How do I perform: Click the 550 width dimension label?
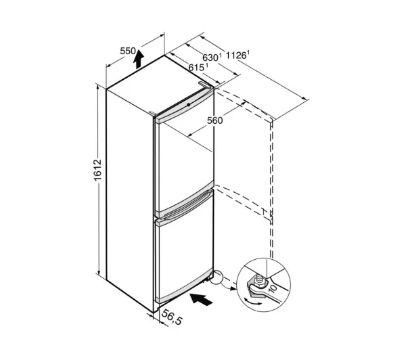(128, 51)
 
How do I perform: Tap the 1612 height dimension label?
(97, 170)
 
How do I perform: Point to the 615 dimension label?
(198, 68)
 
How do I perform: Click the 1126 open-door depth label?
(237, 55)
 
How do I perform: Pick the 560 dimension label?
(215, 120)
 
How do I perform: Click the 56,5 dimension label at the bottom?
(172, 317)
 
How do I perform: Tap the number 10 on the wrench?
(273, 288)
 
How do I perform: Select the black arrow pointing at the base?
(201, 299)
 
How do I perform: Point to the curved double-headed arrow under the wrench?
(252, 302)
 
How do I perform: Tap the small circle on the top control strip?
(189, 105)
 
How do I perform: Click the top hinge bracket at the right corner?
(205, 85)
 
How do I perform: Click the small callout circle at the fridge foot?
(216, 277)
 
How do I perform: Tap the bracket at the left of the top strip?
(153, 113)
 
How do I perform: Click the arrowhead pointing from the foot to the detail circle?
(234, 288)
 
